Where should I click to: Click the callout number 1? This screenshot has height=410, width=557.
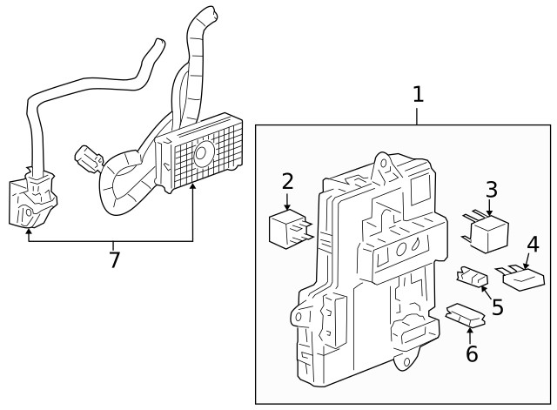click(418, 94)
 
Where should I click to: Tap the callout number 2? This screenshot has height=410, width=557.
click(287, 182)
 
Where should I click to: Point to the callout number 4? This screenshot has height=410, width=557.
click(533, 245)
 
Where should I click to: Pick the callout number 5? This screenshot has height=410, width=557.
click(497, 306)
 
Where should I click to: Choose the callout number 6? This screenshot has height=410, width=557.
click(471, 353)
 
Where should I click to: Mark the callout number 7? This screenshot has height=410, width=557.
click(113, 259)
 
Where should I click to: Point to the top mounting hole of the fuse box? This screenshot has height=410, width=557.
click(380, 162)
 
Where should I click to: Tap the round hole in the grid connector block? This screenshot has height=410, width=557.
click(202, 154)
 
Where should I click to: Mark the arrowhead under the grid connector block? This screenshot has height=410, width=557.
click(192, 186)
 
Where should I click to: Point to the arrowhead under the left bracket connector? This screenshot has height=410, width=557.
click(30, 231)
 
